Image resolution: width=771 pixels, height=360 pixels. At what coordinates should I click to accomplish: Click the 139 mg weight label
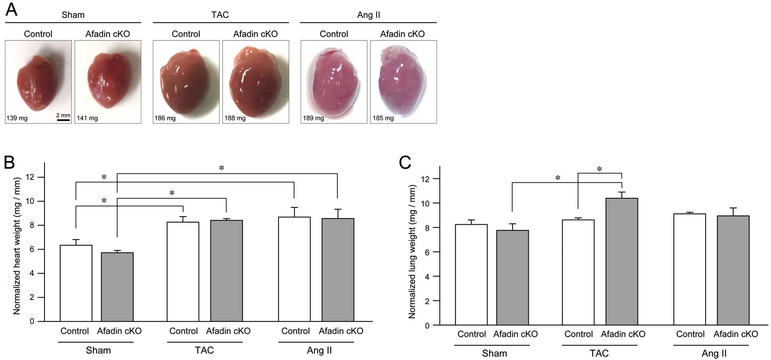tap(17, 119)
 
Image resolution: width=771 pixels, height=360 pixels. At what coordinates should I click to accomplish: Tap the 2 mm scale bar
tap(63, 120)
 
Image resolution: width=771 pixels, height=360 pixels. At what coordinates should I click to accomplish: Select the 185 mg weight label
tap(383, 119)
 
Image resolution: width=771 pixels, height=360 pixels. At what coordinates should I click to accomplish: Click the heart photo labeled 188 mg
tap(256, 82)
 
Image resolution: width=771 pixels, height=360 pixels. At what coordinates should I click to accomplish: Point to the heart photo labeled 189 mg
tap(334, 82)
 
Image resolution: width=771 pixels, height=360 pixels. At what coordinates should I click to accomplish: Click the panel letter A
tap(11, 9)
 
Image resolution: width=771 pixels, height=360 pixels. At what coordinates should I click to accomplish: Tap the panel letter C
tap(405, 163)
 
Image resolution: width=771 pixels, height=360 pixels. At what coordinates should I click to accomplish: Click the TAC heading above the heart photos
tap(220, 15)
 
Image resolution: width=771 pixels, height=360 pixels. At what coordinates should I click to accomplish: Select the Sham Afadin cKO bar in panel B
tap(117, 287)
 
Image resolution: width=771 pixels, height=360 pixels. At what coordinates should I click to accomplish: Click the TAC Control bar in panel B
tap(183, 272)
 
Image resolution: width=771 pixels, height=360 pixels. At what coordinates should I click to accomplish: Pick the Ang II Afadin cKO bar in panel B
tap(338, 270)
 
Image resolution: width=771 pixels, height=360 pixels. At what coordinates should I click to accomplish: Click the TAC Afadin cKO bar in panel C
tap(622, 262)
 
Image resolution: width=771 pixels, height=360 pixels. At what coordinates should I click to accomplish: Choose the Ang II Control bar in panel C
tap(690, 270)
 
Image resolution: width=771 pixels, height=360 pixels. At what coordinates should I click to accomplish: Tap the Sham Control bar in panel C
tap(471, 275)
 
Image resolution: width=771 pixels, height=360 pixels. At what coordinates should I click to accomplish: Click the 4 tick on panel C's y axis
tap(427, 277)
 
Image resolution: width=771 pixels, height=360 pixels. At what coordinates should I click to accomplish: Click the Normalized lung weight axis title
tap(412, 252)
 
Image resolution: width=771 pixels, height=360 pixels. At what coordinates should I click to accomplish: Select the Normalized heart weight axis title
tap(17, 246)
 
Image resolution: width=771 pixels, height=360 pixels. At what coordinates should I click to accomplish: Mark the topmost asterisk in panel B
tap(221, 168)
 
